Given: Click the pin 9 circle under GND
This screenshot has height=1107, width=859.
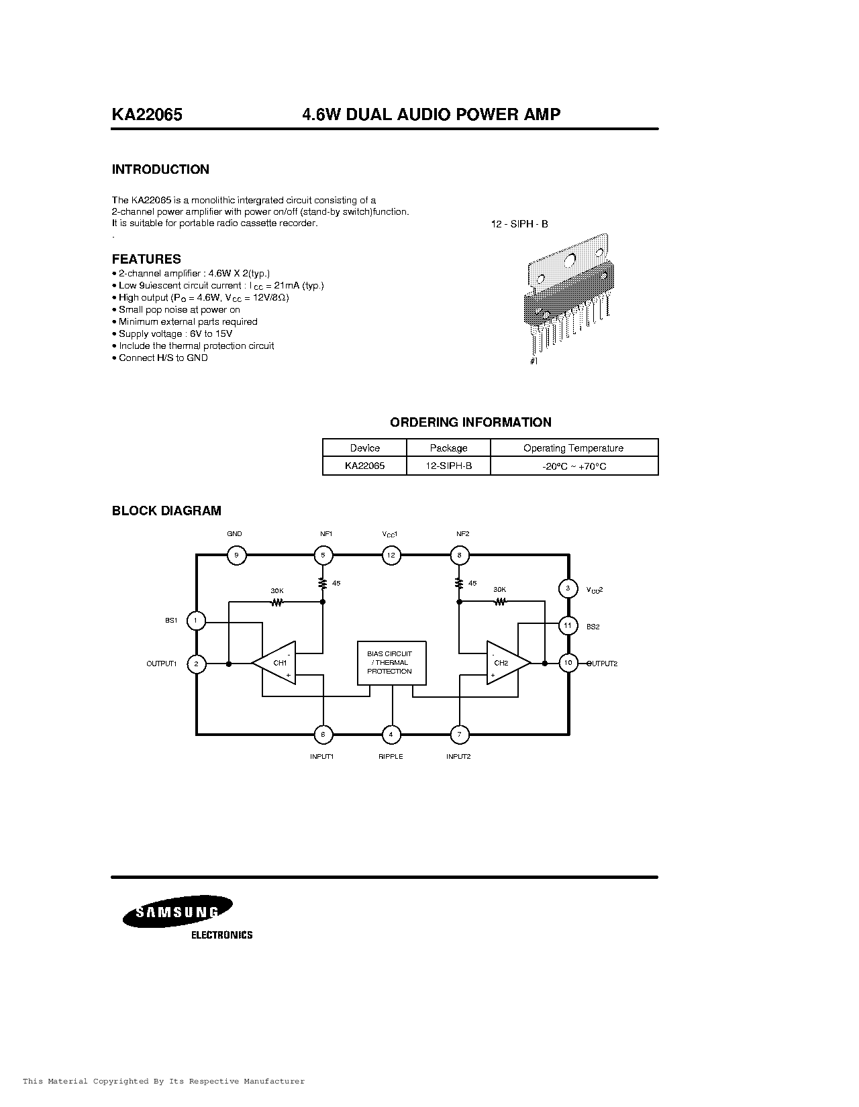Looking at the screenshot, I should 236,555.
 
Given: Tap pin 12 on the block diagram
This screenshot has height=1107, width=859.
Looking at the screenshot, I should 391,555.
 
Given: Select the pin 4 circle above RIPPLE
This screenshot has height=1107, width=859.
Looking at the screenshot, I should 391,735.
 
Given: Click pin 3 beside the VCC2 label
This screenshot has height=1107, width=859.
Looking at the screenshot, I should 568,588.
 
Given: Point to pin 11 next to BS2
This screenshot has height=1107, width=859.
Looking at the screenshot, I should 568,625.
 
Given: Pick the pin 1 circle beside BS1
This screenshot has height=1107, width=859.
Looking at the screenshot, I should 195,621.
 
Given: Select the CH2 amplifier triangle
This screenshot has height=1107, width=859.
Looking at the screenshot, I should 505,663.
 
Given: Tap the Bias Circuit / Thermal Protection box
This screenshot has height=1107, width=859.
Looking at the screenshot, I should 390,662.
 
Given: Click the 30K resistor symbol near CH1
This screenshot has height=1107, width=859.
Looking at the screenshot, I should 276,602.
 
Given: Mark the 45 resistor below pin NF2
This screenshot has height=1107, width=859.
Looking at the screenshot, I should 460,583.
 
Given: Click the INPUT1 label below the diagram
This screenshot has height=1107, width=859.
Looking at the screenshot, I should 322,757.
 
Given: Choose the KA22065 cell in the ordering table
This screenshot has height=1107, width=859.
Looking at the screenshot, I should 364,466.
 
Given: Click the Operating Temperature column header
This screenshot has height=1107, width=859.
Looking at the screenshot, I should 573,448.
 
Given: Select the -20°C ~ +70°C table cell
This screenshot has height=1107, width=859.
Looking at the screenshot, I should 574,466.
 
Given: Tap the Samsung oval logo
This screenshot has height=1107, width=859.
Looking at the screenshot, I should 177,912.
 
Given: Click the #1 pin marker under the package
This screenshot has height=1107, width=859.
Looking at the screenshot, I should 534,361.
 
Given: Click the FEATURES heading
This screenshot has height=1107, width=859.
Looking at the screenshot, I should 146,259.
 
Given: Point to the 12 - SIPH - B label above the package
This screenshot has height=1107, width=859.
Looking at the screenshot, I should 519,223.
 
